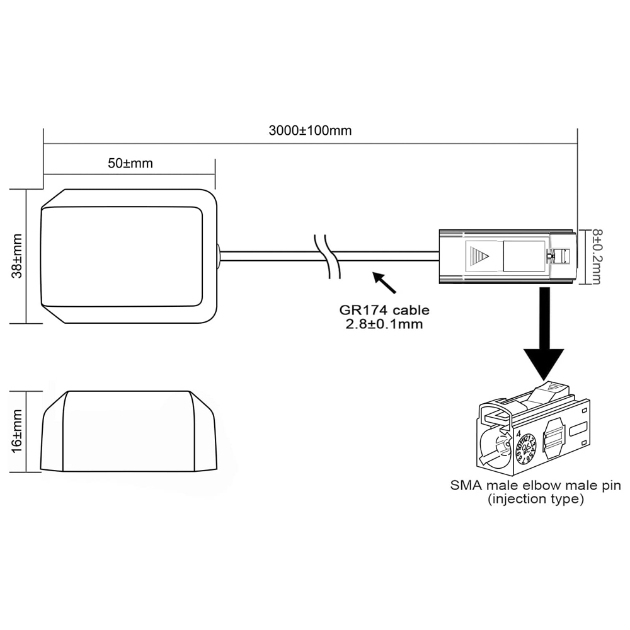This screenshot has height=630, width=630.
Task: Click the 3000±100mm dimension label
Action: (x=310, y=131)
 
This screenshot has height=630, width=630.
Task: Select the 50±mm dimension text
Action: (x=130, y=163)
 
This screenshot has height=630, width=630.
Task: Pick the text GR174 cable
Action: (x=384, y=310)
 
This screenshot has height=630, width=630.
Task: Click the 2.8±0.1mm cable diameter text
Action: (x=384, y=324)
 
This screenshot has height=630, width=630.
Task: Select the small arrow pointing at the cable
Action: (x=384, y=283)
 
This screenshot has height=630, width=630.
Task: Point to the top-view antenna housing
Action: (x=129, y=256)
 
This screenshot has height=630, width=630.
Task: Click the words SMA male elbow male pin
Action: (x=535, y=486)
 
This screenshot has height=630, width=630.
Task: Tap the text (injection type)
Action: (x=535, y=500)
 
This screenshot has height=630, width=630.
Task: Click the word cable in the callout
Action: (x=413, y=310)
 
